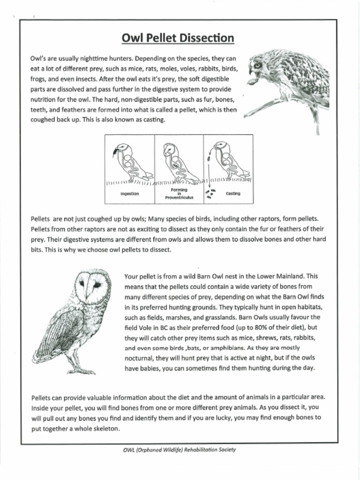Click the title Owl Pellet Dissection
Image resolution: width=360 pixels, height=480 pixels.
point(178,37)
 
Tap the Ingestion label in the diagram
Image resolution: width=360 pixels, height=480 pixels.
point(129,194)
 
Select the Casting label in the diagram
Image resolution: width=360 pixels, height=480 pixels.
point(233,194)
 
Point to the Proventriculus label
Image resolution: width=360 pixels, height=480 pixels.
point(179,198)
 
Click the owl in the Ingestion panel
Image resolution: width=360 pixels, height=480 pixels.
point(131,162)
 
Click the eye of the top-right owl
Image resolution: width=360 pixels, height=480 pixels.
point(257,65)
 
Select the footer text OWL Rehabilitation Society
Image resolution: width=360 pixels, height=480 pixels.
point(180,450)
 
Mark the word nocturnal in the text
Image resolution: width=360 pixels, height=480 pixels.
point(139,358)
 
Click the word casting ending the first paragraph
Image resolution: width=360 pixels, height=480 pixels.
point(152,120)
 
